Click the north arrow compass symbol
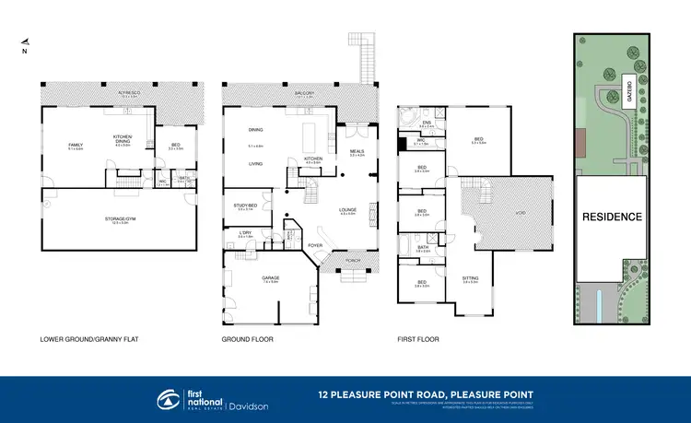point(26,44)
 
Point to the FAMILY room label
point(77,146)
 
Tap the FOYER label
point(315,245)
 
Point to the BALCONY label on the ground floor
point(294,94)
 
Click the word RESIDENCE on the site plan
point(611,217)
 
